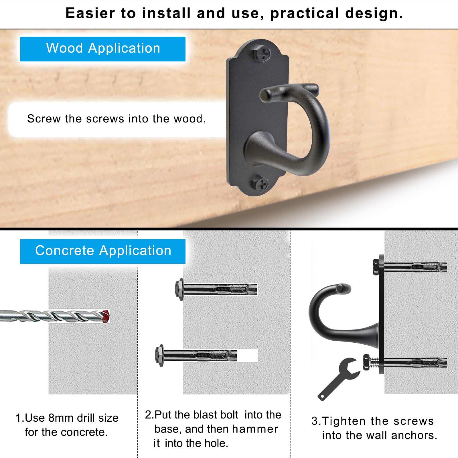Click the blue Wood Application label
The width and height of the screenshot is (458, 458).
point(103,49)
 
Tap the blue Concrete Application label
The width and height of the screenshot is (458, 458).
point(103,251)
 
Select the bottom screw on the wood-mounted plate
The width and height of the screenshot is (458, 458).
point(260,183)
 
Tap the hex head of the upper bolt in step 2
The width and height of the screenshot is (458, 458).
point(179,289)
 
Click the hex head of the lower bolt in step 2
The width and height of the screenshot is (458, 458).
point(159,356)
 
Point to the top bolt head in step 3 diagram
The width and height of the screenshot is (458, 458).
point(376,267)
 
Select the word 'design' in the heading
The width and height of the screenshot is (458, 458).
point(374,13)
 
